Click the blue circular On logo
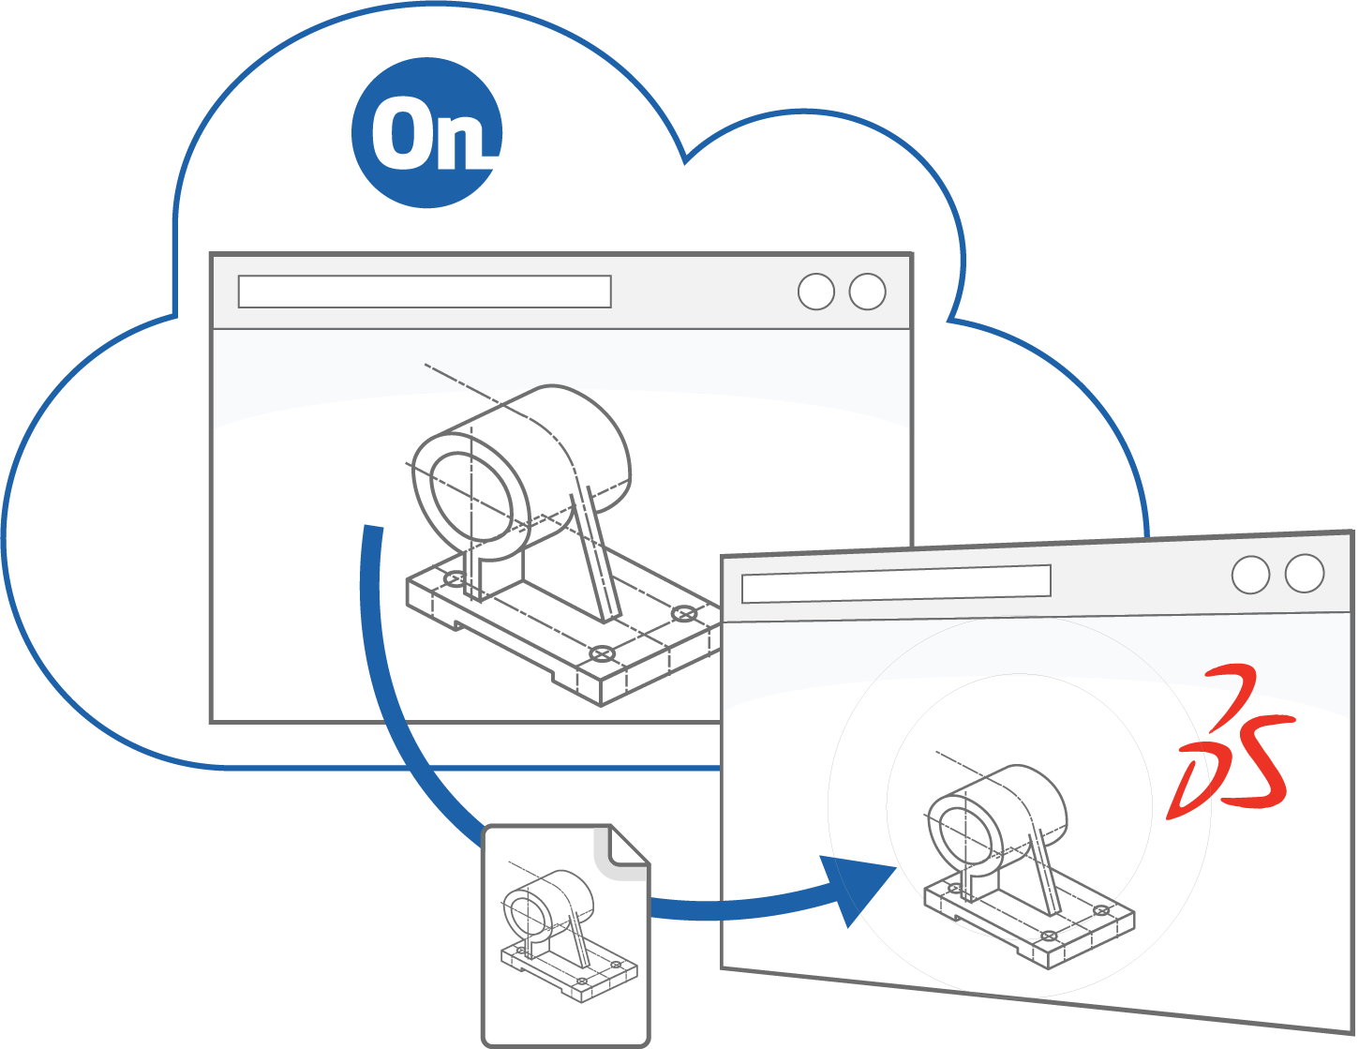[426, 133]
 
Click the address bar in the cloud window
[425, 292]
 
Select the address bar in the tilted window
[895, 583]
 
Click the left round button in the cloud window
[816, 292]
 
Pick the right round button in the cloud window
[867, 292]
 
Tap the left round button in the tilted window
[1250, 575]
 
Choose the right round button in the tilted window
[1305, 574]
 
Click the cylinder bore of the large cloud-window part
[472, 496]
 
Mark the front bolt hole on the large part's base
[601, 653]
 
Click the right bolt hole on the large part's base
[685, 614]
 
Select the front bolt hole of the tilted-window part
[1050, 935]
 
